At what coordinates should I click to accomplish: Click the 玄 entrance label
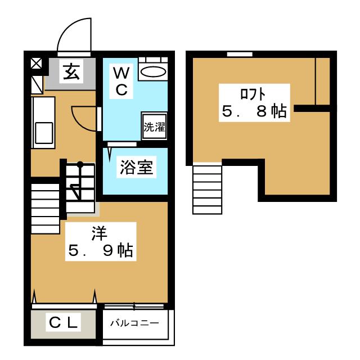(71, 71)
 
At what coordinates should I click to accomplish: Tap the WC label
(121, 81)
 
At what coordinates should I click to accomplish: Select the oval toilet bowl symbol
(153, 71)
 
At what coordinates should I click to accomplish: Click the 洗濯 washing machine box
(154, 127)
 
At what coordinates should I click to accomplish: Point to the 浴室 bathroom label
(136, 167)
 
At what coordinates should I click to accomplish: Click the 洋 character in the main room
(99, 233)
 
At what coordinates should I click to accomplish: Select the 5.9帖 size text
(101, 250)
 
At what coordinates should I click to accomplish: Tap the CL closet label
(63, 322)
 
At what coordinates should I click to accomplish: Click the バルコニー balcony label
(135, 323)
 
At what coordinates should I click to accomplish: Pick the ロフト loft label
(253, 94)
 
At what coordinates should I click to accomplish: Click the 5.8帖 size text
(254, 111)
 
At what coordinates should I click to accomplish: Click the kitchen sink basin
(44, 133)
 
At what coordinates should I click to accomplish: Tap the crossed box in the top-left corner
(36, 64)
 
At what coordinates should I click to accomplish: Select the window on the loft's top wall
(240, 54)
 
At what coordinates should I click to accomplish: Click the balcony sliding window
(134, 306)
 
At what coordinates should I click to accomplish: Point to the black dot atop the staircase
(80, 164)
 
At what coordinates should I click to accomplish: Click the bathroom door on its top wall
(122, 144)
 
